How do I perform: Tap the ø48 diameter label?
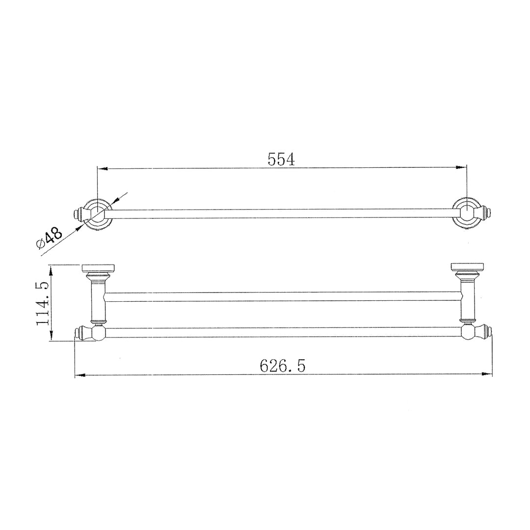[49, 238]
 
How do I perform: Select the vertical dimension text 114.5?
[43, 303]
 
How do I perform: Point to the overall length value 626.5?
[283, 366]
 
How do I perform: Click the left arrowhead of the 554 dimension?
[103, 168]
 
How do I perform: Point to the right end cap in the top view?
[487, 214]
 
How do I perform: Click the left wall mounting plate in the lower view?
[97, 268]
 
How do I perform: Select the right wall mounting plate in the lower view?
[467, 268]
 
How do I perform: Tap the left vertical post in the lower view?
[98, 302]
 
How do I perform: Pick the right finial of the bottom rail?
[487, 333]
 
